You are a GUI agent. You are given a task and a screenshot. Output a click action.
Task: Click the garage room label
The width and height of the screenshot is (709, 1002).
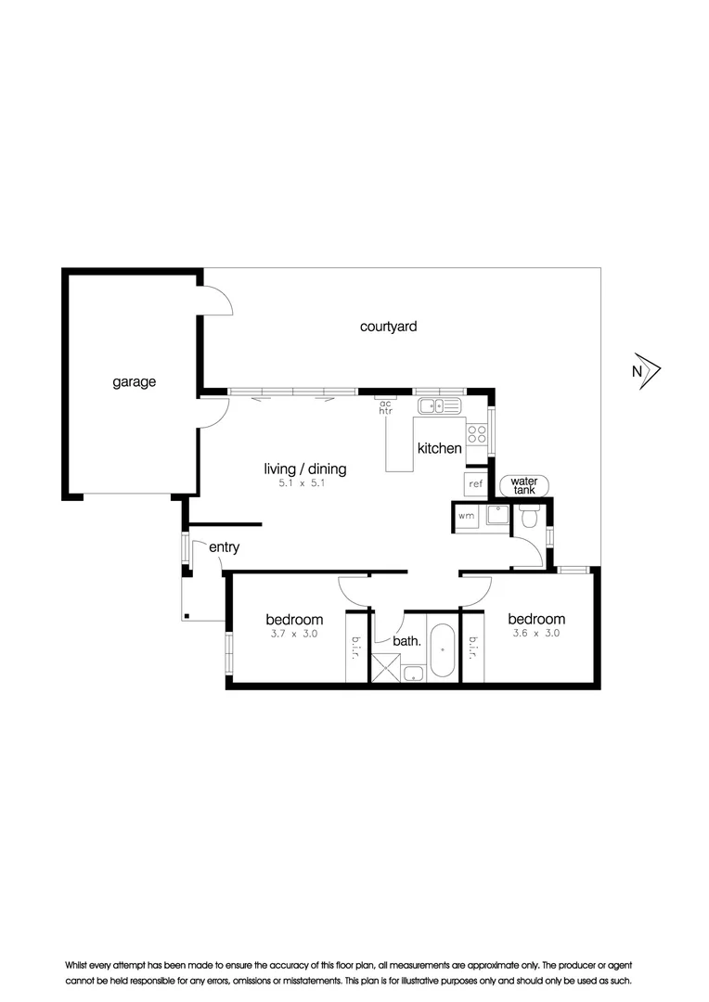[x=134, y=381]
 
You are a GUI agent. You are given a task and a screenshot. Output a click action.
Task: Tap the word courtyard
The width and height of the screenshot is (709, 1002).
[x=388, y=327]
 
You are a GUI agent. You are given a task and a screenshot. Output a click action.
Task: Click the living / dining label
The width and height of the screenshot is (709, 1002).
[x=304, y=469]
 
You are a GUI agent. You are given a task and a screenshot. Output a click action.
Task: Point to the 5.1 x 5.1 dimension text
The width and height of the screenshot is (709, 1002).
[x=304, y=484]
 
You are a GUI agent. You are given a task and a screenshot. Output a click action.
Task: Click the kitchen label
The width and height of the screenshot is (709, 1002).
[x=439, y=448]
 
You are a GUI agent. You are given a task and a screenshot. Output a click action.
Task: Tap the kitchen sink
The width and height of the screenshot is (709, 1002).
[x=439, y=405]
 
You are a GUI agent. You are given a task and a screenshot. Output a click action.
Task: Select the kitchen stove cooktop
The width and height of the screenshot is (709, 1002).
[x=477, y=436]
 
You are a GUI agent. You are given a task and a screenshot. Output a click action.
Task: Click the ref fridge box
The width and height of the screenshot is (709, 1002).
[x=475, y=484]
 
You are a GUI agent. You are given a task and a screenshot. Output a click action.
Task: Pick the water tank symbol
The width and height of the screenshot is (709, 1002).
[x=524, y=485]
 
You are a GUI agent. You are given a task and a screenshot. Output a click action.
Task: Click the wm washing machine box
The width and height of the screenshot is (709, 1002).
[x=466, y=515]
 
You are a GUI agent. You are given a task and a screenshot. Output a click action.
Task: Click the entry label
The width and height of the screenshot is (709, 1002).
[x=224, y=547]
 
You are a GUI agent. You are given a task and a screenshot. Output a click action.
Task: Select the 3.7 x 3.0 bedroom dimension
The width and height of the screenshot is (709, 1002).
[x=294, y=635]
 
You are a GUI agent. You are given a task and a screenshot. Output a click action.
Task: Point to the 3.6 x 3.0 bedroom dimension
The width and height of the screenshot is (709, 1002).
[x=536, y=635]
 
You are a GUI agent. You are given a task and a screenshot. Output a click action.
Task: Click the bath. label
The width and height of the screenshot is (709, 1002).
[x=407, y=640]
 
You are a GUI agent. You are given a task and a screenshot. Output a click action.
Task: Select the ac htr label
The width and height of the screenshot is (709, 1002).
[x=385, y=406]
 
